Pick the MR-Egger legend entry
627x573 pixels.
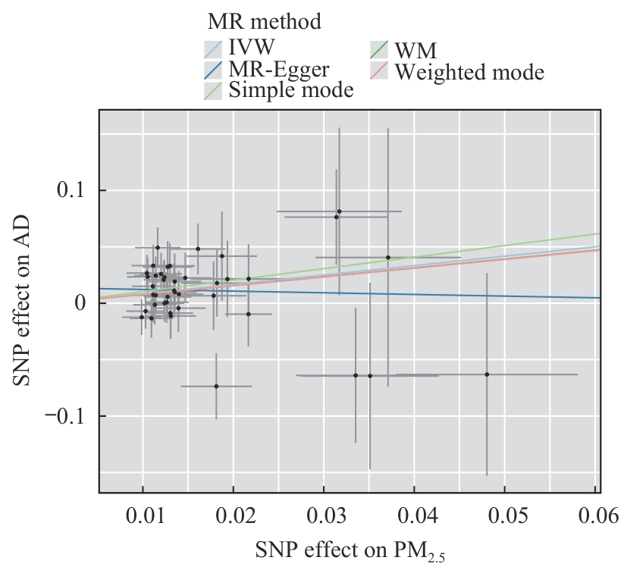[x=279, y=70]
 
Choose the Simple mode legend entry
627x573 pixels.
[x=291, y=90]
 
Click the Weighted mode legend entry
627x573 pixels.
[x=469, y=72]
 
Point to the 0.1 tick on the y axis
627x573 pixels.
[x=71, y=189]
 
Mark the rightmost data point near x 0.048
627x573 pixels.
[x=487, y=374]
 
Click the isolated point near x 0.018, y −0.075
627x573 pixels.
[x=216, y=386]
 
